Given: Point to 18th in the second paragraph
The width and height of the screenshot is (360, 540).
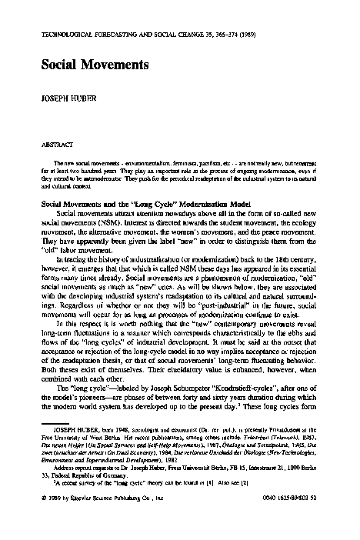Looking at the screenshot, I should point(283,262).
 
